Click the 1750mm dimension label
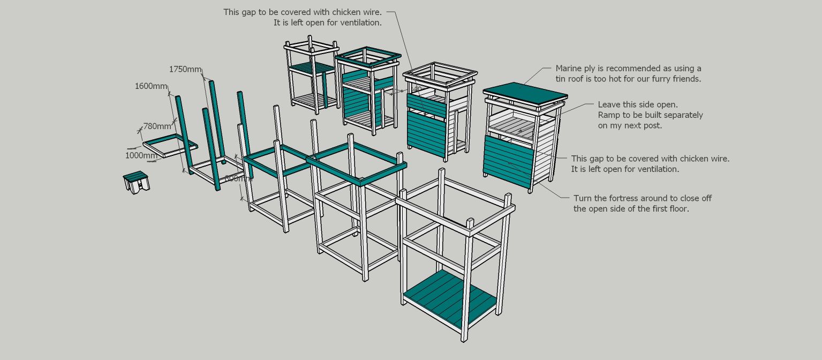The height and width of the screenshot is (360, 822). coord(185,69)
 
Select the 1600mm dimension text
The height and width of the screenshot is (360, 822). coord(150,86)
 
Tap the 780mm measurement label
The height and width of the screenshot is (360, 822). coord(157,126)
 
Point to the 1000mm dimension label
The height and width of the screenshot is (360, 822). coord(141,155)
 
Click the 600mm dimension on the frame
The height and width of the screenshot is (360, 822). coord(235,178)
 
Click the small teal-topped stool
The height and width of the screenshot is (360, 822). coord(136,181)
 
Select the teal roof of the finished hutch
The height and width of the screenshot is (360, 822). coord(525,93)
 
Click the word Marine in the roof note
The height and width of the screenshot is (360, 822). coord(569,69)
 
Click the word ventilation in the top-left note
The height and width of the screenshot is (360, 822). coord(358,22)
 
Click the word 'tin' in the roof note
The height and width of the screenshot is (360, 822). coord(561,79)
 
